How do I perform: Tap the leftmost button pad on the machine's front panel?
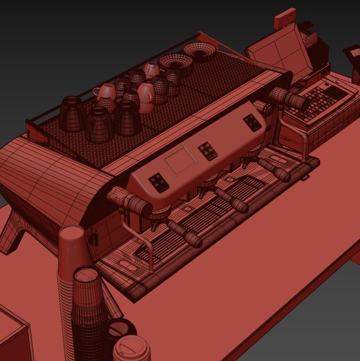click(x=159, y=182)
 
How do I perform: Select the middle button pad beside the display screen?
click(x=208, y=151)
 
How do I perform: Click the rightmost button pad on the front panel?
click(x=253, y=122)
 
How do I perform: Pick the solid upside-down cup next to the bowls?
click(x=152, y=69)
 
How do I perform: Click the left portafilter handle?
click(x=184, y=233)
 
